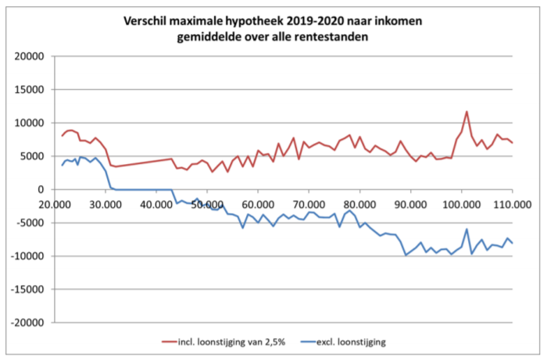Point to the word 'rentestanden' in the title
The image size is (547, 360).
point(340,38)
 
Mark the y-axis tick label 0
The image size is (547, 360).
point(38,190)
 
